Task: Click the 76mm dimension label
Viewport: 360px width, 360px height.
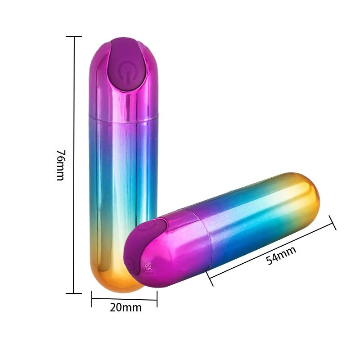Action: pos(61,165)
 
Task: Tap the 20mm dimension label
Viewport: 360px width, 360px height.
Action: pos(126,308)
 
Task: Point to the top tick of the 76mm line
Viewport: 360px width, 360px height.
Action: pos(74,36)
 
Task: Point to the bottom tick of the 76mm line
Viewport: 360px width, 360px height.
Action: pos(74,293)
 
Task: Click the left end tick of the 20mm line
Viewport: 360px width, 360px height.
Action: pos(92,299)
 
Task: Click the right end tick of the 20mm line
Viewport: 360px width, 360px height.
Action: pos(157,299)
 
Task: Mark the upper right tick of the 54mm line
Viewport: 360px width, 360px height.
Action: pos(333,223)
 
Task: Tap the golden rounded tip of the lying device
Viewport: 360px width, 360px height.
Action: pos(310,193)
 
